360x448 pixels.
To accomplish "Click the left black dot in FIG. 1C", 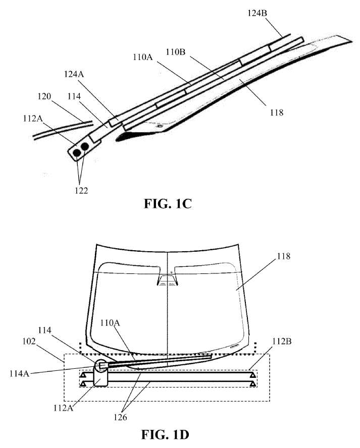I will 76,151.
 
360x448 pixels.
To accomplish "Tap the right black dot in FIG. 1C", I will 85,147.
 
